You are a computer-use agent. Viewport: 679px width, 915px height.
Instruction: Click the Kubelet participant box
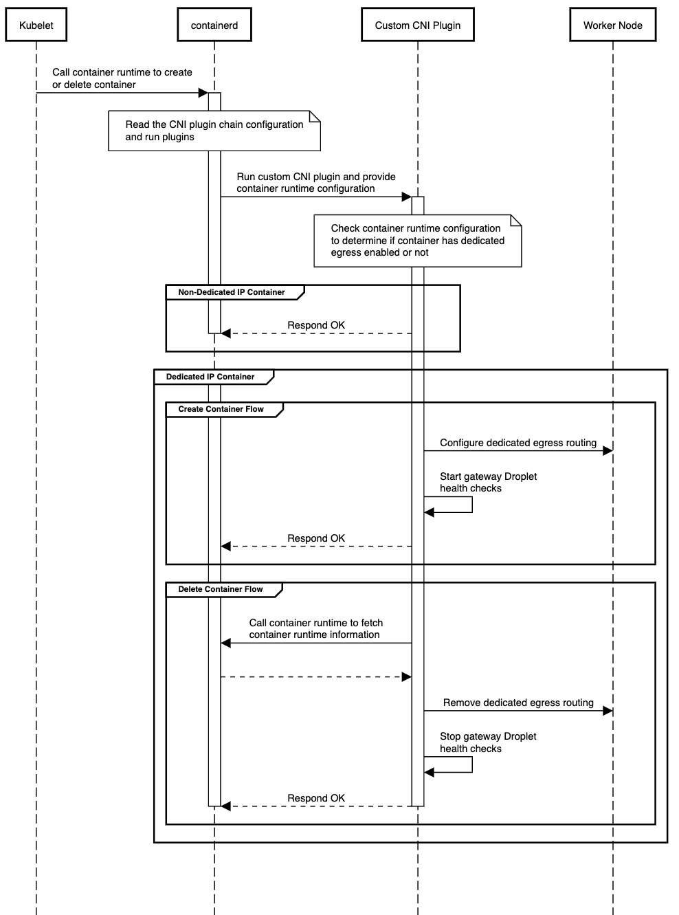coord(36,25)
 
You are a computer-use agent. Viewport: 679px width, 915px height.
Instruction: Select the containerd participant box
coord(214,25)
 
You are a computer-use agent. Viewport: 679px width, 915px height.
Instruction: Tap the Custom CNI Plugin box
coord(417,25)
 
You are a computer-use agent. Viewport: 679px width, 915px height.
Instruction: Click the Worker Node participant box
coord(612,25)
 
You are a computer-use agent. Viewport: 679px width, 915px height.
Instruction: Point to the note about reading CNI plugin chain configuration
coord(214,131)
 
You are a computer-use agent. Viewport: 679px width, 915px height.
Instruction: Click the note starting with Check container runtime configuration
coord(417,241)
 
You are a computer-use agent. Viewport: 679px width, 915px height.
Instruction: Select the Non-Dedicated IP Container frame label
coord(232,292)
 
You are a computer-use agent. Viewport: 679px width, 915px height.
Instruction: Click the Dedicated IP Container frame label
coord(210,377)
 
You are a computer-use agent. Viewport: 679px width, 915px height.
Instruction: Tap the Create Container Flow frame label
coord(221,409)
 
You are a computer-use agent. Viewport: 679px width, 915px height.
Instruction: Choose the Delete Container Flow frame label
coord(221,589)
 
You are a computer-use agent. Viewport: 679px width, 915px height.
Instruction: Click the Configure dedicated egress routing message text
coord(518,443)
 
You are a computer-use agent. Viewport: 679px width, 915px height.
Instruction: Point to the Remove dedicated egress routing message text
coord(518,703)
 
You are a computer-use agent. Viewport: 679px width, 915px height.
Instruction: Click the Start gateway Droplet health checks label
coord(488,482)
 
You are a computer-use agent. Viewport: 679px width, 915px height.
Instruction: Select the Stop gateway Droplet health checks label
coord(488,742)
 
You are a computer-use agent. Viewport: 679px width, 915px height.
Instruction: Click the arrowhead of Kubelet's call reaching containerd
coord(203,93)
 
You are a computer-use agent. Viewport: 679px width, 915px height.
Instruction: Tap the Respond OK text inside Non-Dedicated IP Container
coord(316,325)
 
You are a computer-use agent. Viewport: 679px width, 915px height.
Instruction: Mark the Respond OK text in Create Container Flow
coord(316,538)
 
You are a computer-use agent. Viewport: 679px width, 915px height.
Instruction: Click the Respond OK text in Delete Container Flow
coord(316,798)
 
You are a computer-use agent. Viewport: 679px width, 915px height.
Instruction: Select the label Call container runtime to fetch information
coord(316,628)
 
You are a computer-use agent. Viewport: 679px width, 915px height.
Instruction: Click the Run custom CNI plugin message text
coord(316,182)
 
